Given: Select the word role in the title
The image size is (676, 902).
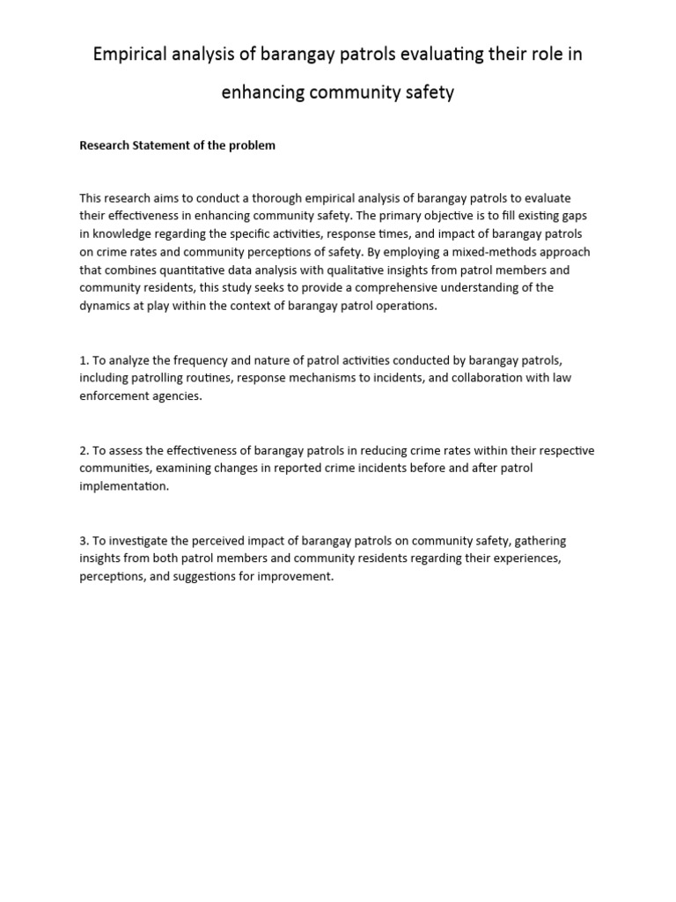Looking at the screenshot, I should coord(542,55).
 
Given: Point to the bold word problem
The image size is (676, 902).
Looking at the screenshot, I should coord(253,145).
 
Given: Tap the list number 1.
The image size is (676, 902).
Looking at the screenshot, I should coord(84,360).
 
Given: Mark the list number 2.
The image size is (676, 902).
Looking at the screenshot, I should coord(84,450).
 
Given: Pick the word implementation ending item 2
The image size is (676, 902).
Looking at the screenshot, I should coord(123,486).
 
